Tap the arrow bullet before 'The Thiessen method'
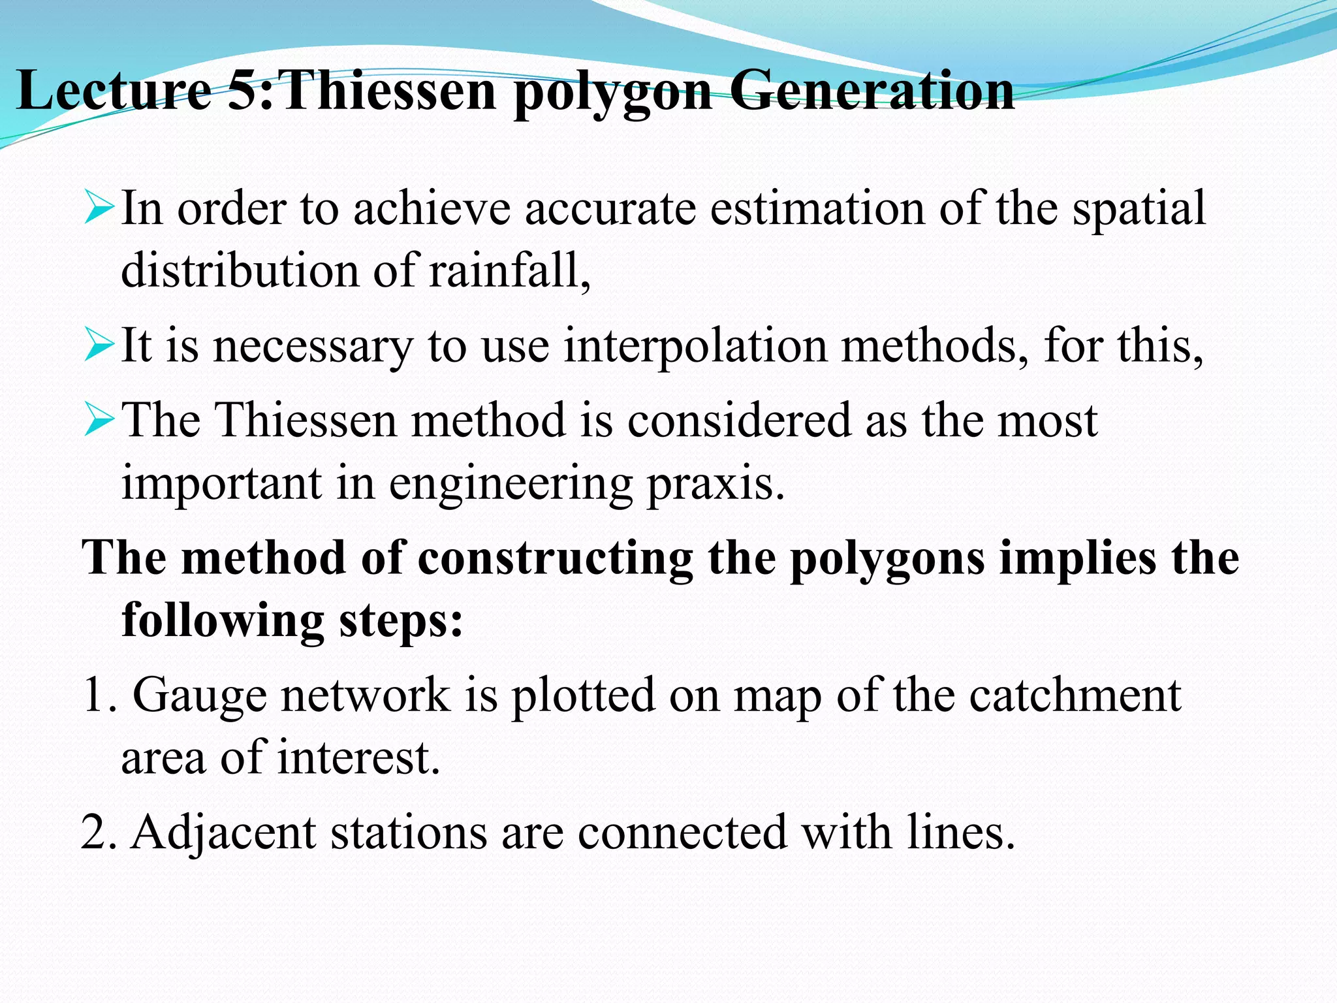(x=99, y=420)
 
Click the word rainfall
(x=509, y=270)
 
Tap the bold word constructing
(x=555, y=558)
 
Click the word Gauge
(x=200, y=695)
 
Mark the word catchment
(x=1075, y=695)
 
